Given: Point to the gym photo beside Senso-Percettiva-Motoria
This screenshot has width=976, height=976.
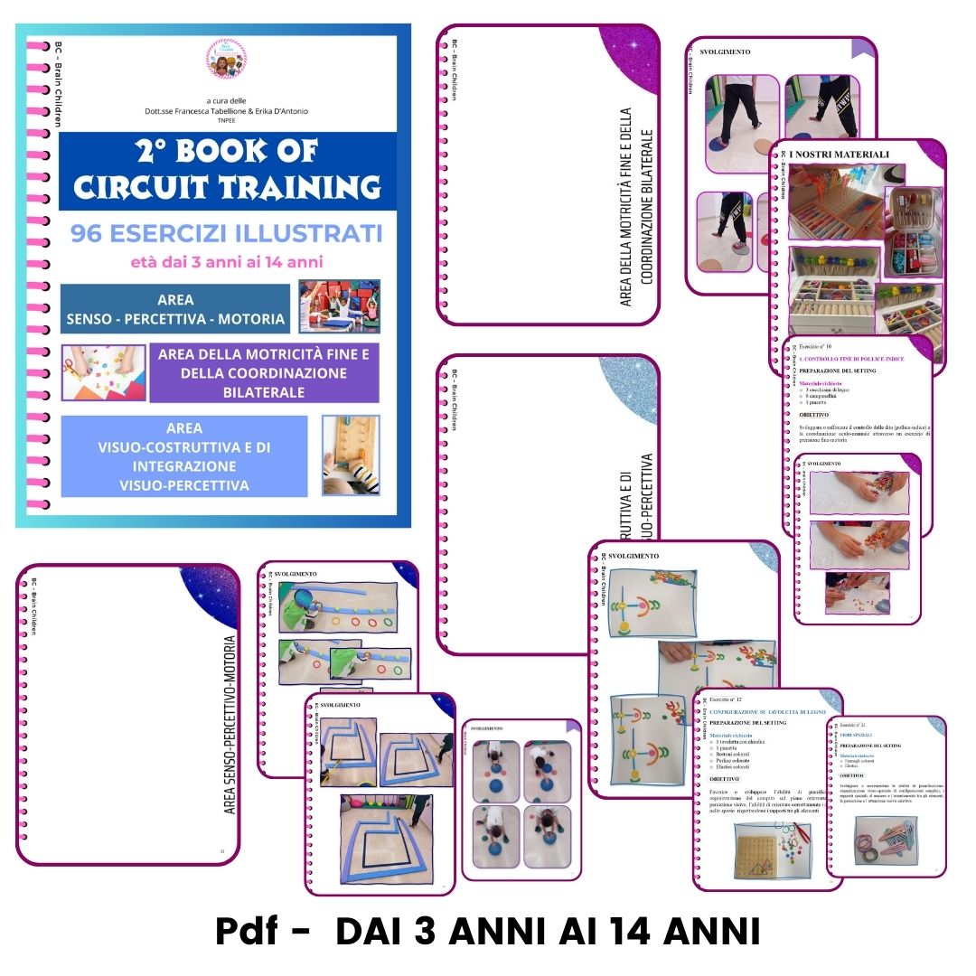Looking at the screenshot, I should click(339, 306).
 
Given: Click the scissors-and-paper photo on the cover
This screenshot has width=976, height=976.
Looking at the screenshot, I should click(91, 372).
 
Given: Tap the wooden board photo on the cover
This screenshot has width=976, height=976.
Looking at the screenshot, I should click(351, 455).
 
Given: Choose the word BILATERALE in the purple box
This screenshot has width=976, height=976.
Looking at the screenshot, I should click(264, 392).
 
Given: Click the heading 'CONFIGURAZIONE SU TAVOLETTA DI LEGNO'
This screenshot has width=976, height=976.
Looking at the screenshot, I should click(766, 712).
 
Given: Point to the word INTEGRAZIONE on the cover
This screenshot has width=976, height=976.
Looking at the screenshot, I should click(183, 466).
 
